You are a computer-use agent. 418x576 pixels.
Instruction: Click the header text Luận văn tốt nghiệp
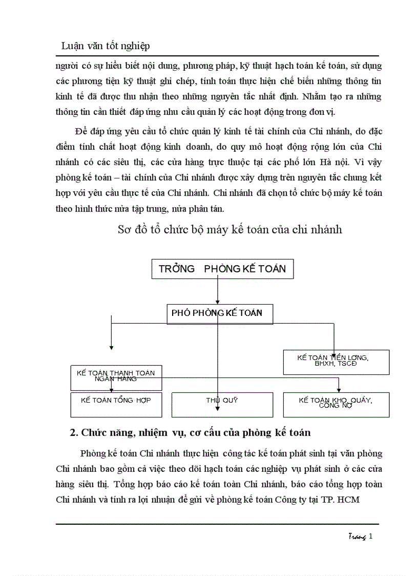tap(106, 46)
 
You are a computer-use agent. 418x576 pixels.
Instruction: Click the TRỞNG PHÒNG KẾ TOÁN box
tap(222, 269)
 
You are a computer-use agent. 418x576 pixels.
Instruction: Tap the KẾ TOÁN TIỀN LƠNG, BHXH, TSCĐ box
tap(336, 362)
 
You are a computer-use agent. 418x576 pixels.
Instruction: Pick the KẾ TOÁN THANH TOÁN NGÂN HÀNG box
tap(116, 378)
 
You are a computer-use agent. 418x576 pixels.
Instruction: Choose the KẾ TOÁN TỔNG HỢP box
tap(116, 405)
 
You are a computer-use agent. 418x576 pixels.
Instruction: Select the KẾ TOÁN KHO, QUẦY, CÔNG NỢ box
tap(336, 405)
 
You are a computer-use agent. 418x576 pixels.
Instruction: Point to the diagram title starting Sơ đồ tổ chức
tap(229, 230)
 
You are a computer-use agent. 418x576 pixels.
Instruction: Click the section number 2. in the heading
tap(73, 432)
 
